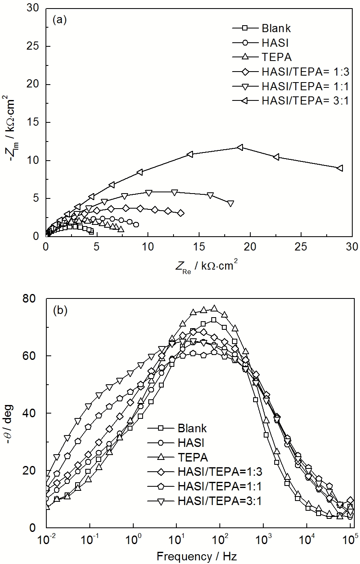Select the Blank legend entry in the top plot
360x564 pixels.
tap(276, 28)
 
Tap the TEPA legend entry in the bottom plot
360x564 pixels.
tap(193, 457)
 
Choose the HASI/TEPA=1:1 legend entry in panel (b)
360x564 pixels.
tap(219, 486)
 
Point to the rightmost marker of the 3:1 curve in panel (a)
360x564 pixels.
tap(340, 168)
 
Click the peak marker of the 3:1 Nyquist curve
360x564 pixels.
tap(240, 147)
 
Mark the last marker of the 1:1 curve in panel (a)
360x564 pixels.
tap(230, 203)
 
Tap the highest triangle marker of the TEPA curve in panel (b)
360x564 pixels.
tap(214, 308)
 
